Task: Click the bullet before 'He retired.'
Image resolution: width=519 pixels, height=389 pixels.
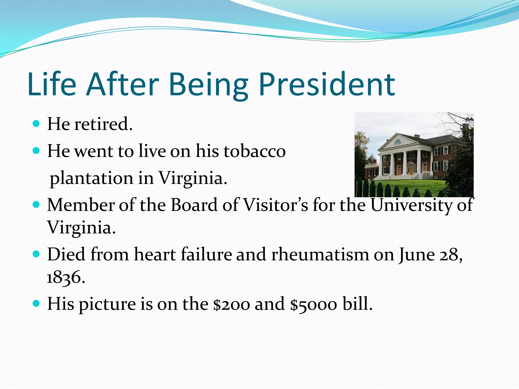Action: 36,124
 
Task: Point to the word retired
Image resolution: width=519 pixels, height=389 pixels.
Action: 103,124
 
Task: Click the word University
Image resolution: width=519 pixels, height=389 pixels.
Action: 411,205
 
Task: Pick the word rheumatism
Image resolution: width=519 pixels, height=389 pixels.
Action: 320,254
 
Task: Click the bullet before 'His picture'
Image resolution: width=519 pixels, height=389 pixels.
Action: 36,303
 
